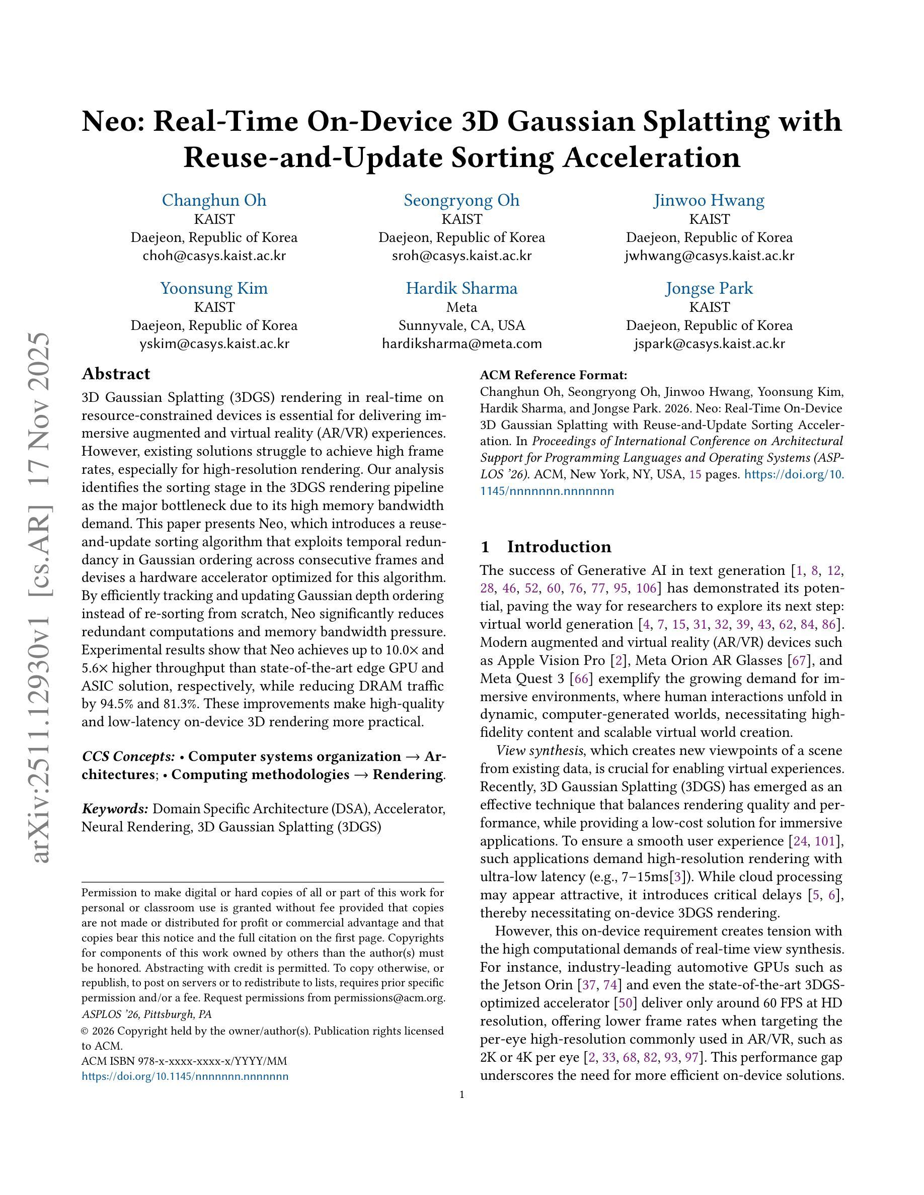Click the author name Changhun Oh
coord(214,200)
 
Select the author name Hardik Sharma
coord(461,288)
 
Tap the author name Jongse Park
coord(709,288)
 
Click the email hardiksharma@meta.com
coord(461,344)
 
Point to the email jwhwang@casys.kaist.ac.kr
coord(709,255)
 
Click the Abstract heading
coord(116,374)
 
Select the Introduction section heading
coord(558,547)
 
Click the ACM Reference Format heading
coord(553,375)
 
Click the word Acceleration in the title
coord(651,157)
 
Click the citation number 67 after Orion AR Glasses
coord(798,660)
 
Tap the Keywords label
coord(115,809)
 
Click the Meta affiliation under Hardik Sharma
coord(461,307)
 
